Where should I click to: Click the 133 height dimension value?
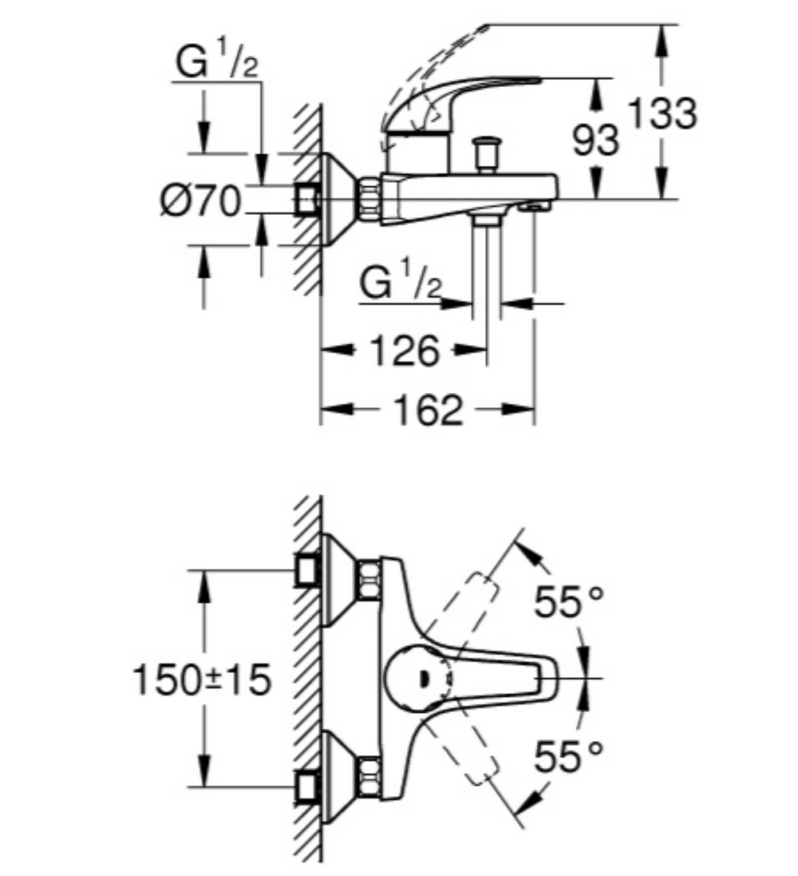[662, 113]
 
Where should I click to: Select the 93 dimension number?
[595, 141]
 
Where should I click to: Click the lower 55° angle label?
[569, 757]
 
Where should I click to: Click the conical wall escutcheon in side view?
[339, 197]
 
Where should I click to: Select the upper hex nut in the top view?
[369, 579]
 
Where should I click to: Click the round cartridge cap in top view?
[415, 678]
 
